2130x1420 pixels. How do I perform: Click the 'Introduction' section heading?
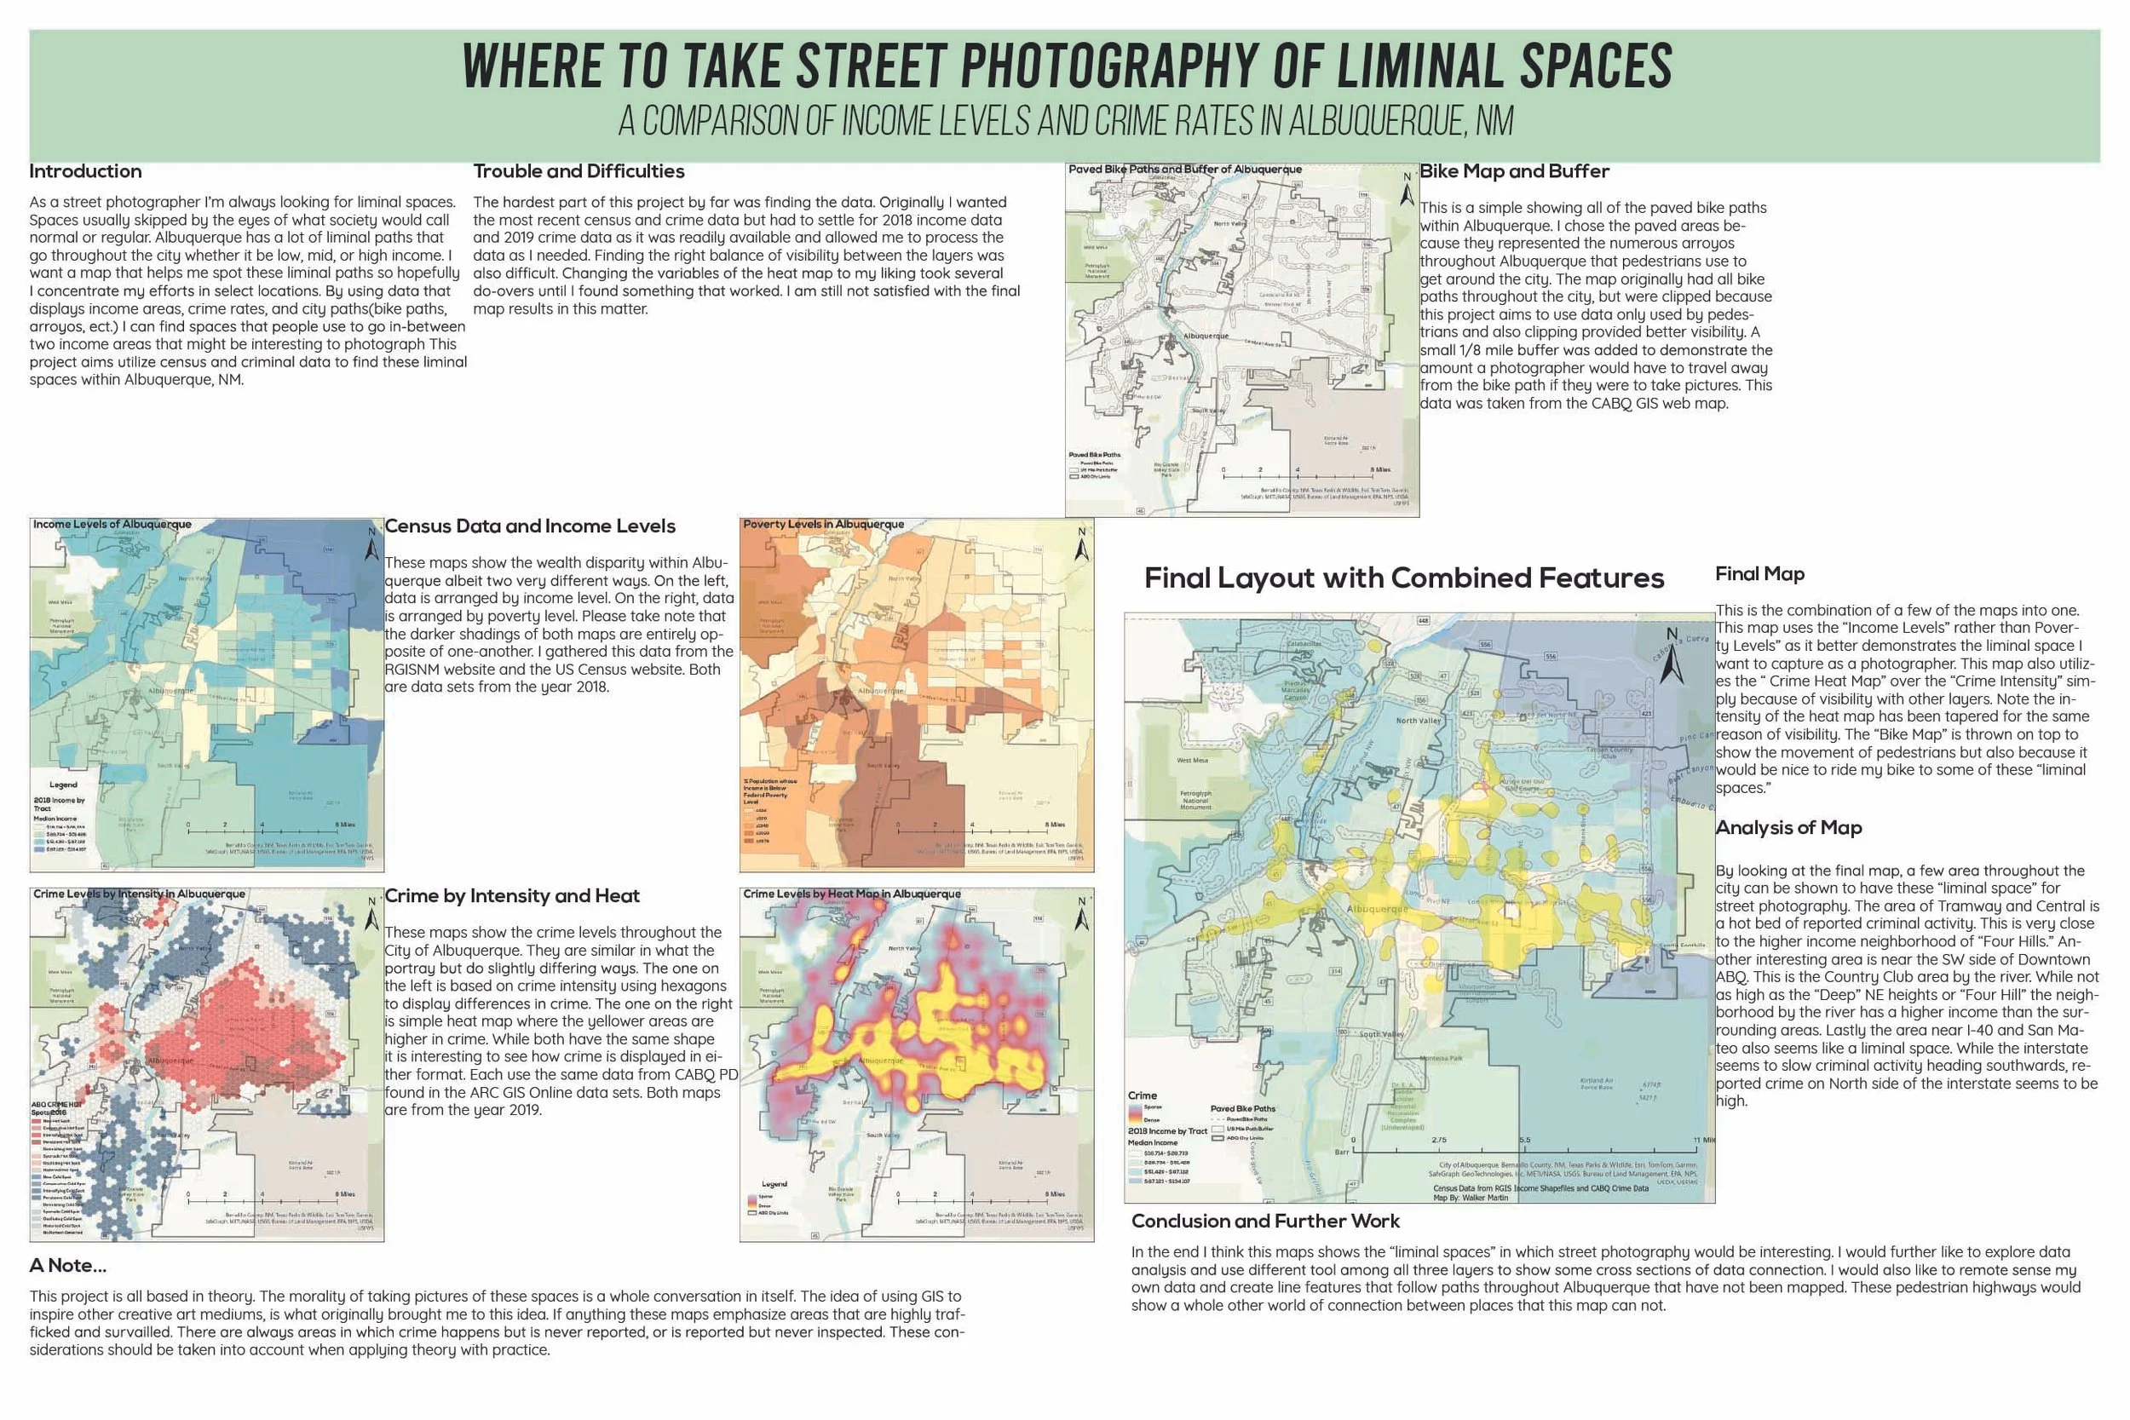(85, 171)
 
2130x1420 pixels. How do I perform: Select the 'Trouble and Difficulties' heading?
(579, 171)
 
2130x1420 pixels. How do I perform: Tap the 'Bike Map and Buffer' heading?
(1514, 171)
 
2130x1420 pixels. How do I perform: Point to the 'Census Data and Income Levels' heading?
(530, 526)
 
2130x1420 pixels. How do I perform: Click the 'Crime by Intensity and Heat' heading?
(512, 895)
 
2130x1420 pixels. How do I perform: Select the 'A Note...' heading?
(67, 1265)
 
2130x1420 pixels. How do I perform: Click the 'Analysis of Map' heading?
(1788, 828)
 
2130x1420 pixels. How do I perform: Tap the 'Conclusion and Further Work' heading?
(1265, 1221)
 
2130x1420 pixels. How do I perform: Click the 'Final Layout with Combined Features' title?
(1404, 578)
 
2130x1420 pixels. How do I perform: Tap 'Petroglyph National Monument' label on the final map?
(1195, 801)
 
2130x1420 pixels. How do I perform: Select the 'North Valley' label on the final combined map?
(1419, 721)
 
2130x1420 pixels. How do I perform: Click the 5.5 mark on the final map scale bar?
(1525, 1140)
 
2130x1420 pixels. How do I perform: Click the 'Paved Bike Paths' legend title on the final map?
(1242, 1108)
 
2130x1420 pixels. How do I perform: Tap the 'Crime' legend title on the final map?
(1142, 1095)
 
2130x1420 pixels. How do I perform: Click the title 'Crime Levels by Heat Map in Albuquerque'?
(851, 894)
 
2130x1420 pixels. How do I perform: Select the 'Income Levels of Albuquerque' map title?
(112, 525)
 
